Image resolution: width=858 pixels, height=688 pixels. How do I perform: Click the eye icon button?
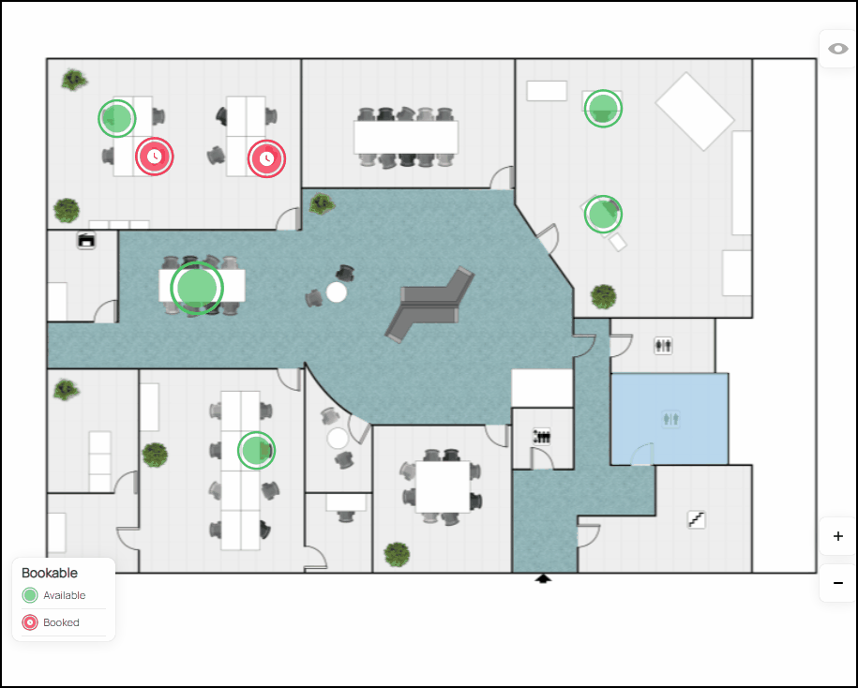point(837,50)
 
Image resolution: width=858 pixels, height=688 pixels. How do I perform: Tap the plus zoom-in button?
point(837,536)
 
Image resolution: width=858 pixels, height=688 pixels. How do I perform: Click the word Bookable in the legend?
point(50,573)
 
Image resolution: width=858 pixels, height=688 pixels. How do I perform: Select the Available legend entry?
point(53,595)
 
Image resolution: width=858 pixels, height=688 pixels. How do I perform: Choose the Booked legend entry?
point(51,622)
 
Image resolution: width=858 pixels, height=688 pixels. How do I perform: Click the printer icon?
point(86,241)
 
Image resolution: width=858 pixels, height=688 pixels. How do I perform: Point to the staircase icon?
point(696,519)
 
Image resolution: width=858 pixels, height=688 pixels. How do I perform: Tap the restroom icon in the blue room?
point(670,419)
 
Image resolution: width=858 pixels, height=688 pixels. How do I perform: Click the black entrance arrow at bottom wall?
point(543,578)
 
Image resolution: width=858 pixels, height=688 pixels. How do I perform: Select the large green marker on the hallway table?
point(197,288)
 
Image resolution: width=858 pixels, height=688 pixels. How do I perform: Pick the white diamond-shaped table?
point(695,111)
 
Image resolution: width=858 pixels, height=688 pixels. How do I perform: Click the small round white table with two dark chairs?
point(337,292)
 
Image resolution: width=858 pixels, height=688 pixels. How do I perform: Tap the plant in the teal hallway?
point(322,204)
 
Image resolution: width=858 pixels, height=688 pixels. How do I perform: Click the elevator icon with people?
point(542,437)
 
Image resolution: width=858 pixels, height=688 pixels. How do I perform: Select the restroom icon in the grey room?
point(663,346)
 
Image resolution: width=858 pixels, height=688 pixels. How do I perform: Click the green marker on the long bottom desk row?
point(256,450)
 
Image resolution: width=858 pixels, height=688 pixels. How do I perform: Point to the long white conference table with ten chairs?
point(406,137)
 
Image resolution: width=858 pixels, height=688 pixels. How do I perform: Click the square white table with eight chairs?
point(443,486)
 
